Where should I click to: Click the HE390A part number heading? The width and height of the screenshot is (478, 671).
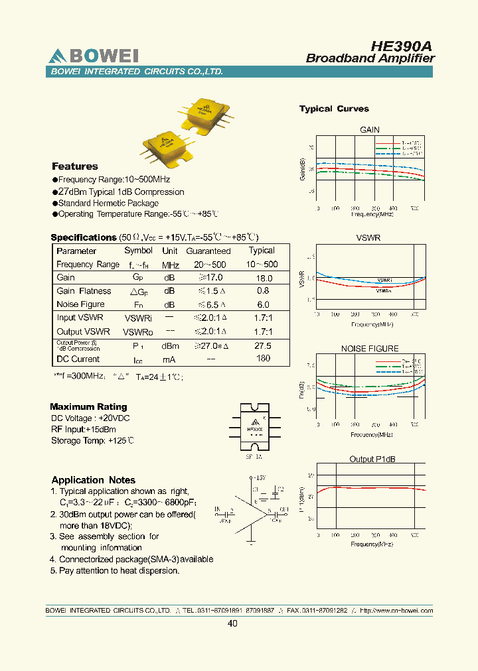click(402, 46)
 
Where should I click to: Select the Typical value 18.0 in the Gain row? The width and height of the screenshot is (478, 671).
click(264, 278)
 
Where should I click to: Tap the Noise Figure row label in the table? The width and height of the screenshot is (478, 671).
click(80, 304)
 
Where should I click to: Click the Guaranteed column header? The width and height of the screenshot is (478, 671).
click(208, 251)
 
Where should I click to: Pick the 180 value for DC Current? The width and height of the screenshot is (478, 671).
click(263, 359)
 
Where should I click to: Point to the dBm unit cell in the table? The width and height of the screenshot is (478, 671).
click(170, 346)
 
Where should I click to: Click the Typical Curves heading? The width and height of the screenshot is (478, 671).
click(334, 109)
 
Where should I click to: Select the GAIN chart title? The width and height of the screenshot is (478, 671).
click(369, 130)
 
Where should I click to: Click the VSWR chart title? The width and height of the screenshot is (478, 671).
click(369, 237)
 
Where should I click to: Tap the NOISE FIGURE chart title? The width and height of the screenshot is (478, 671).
click(369, 348)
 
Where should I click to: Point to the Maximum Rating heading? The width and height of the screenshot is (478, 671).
click(88, 406)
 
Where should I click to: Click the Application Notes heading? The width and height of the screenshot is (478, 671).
click(93, 480)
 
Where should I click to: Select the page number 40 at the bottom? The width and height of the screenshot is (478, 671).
click(232, 623)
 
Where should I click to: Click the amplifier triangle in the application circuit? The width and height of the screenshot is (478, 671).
click(254, 513)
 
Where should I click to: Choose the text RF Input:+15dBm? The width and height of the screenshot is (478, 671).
click(84, 430)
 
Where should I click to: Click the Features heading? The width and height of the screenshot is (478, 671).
click(75, 166)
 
